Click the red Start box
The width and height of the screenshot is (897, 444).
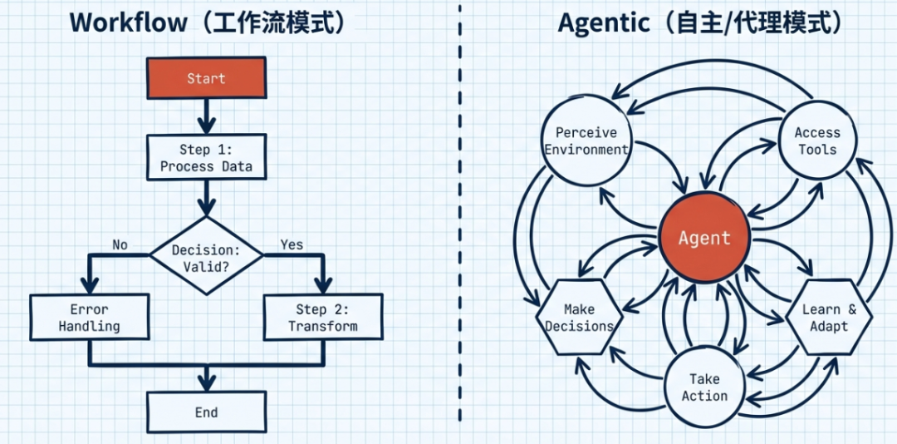coord(206,78)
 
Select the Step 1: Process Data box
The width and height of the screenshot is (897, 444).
coord(206,158)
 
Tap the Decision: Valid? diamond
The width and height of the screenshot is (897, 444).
coord(206,256)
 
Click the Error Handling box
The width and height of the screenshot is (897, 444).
coord(90,318)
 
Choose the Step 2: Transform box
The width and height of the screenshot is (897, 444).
coord(322,318)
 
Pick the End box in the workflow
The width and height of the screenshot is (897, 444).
coord(206,412)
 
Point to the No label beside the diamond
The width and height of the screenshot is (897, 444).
coord(120,244)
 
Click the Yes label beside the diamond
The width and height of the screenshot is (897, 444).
coord(292,244)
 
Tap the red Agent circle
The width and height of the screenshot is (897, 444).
coord(704,239)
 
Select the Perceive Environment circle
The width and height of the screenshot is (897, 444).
coord(586,141)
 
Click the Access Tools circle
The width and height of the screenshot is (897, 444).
coord(817,141)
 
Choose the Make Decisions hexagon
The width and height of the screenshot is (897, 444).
coord(579,318)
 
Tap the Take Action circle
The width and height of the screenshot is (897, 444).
coord(704,387)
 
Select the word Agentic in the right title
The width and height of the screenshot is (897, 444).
coord(603,22)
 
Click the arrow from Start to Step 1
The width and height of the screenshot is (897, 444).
coord(206,116)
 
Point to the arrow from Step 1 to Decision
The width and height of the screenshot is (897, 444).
coord(206,198)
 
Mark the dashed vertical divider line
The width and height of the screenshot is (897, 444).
coord(459,224)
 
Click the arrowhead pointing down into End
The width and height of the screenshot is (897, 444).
coord(206,382)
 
